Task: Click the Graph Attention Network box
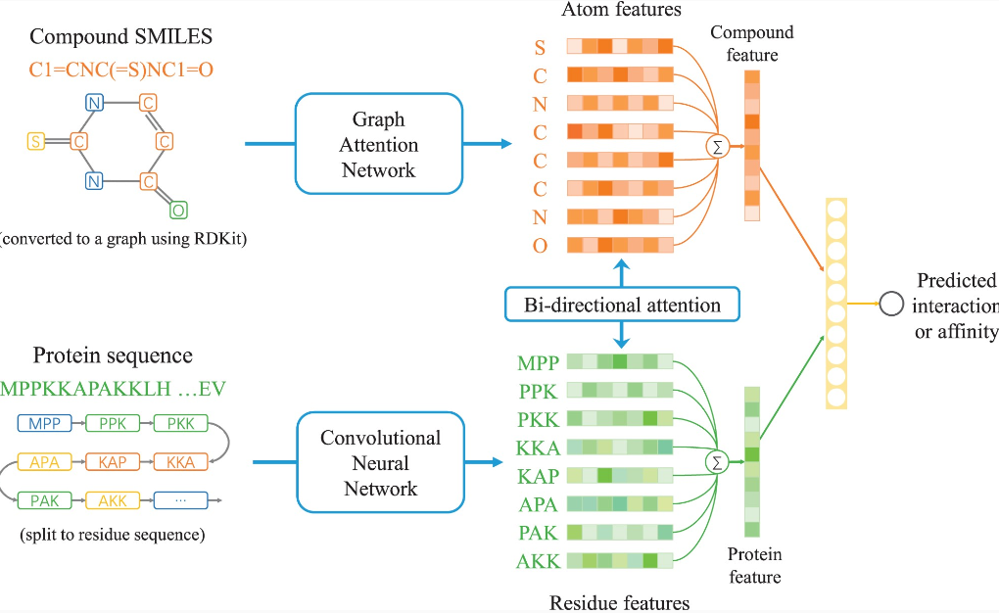click(378, 144)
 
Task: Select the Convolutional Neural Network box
click(380, 462)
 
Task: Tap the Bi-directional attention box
click(622, 305)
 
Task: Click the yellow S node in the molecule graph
click(35, 141)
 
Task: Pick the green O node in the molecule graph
click(177, 210)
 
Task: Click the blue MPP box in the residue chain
click(44, 424)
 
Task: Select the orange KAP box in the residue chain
click(113, 462)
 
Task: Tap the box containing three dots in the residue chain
click(179, 500)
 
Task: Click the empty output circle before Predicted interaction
click(890, 304)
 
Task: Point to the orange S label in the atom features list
click(540, 48)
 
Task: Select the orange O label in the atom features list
click(540, 246)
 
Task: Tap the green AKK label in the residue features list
click(538, 562)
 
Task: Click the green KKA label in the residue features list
click(538, 448)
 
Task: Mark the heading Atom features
click(621, 10)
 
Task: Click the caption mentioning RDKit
click(122, 238)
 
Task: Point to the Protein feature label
click(754, 566)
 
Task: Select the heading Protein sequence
click(113, 355)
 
